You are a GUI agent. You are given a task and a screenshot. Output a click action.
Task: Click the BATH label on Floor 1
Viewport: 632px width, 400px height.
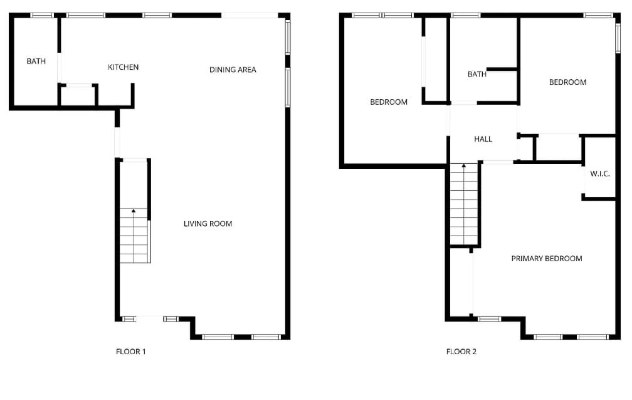pos(36,62)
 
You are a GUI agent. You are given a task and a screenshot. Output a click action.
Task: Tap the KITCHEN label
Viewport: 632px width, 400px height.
pos(123,67)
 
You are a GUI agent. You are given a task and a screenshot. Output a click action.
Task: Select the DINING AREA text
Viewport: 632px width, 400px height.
pos(233,70)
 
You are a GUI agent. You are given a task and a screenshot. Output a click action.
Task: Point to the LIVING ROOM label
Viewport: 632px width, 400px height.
pos(208,224)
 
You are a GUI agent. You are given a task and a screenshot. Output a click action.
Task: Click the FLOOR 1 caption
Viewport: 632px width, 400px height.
pos(131,352)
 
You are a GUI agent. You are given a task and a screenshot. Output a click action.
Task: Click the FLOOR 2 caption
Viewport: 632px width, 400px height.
pos(461,352)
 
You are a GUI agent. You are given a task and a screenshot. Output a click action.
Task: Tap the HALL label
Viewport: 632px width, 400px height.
pos(483,139)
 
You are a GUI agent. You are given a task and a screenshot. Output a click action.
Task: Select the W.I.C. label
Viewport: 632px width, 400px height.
pos(600,174)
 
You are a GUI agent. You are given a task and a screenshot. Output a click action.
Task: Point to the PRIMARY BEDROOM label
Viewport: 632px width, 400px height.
pos(546,259)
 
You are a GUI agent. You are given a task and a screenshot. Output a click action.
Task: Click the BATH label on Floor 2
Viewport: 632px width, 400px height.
pos(477,74)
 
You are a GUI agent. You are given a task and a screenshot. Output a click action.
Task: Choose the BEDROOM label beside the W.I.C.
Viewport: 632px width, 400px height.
pos(567,82)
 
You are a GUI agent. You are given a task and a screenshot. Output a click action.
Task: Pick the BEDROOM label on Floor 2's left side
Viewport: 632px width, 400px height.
pos(388,102)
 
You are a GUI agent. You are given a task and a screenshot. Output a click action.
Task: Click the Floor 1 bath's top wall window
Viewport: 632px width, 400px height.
pos(42,15)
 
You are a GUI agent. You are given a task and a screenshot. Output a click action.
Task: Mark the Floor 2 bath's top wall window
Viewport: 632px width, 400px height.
pos(465,15)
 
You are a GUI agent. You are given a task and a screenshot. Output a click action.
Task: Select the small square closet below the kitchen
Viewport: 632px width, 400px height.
pos(78,96)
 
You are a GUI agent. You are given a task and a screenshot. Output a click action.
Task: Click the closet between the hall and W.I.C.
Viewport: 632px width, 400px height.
pos(558,148)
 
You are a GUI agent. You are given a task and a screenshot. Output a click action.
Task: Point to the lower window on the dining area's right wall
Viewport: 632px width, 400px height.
pos(288,87)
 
